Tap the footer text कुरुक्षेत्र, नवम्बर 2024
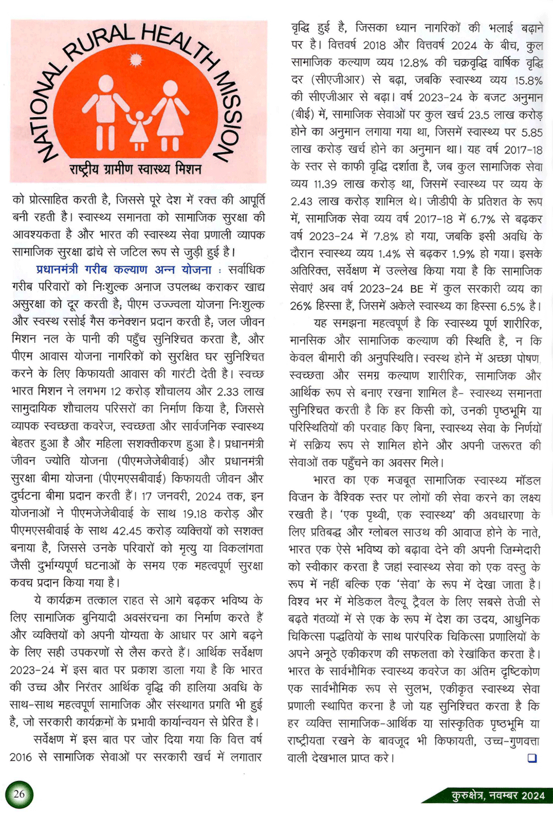pyautogui.click(x=498, y=796)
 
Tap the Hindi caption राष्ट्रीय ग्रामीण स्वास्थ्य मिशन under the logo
pyautogui.click(x=135, y=169)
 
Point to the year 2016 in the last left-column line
pyautogui.click(x=21, y=757)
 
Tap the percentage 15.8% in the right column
pyautogui.click(x=528, y=81)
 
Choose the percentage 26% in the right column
pyautogui.click(x=301, y=306)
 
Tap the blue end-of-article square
pyautogui.click(x=532, y=758)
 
